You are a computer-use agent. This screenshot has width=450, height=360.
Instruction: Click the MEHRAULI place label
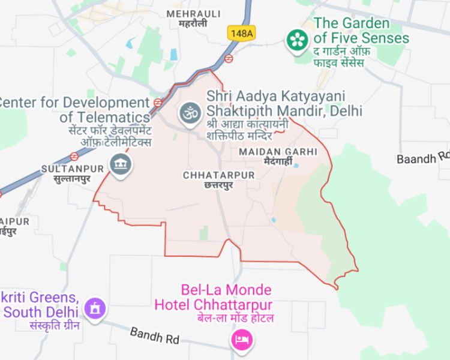[x=193, y=13]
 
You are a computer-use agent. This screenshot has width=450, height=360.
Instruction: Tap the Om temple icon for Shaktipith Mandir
[x=189, y=112]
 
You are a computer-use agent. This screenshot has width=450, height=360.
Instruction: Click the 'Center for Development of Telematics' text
[x=75, y=109]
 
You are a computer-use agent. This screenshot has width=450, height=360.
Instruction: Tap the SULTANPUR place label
[x=68, y=169]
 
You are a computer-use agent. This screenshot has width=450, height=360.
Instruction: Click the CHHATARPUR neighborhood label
[x=218, y=175]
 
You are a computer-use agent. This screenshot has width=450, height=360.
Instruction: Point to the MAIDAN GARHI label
[x=277, y=152]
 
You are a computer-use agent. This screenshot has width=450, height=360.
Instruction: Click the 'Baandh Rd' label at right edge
[x=423, y=158]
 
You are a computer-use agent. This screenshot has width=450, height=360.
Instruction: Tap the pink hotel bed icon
[x=242, y=341]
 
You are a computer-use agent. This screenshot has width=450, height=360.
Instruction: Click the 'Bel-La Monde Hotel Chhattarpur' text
[x=213, y=297]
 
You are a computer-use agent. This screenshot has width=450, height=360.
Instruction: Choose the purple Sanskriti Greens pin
[x=94, y=309]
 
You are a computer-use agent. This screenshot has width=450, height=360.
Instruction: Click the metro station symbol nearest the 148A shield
[x=229, y=58]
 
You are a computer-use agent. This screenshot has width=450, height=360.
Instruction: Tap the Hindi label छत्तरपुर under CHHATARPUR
[x=218, y=185]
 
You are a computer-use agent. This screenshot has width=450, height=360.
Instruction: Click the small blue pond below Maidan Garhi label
[x=296, y=166]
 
